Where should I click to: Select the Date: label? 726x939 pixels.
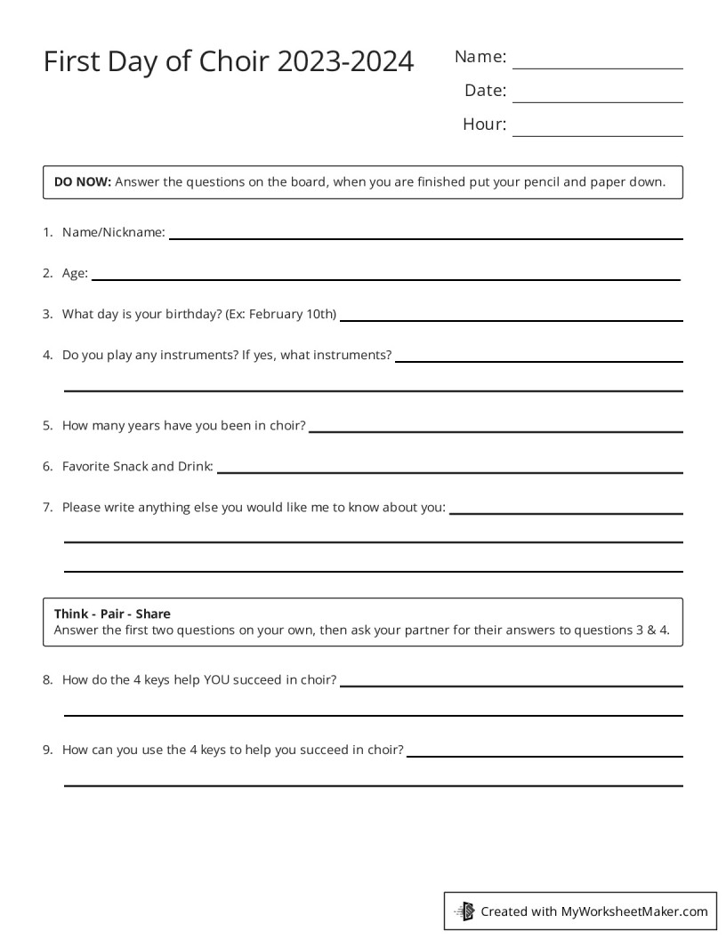tap(485, 91)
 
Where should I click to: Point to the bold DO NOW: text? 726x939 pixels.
tap(83, 182)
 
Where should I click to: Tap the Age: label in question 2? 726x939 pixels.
tap(75, 274)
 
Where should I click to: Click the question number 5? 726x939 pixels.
tap(47, 426)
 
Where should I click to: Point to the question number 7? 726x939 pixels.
tap(47, 508)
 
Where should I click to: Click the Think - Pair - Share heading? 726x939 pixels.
tap(112, 614)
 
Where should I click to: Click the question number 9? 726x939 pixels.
tap(47, 750)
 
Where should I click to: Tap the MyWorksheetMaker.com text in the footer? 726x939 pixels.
tap(634, 911)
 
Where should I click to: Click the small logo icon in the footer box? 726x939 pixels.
tap(465, 911)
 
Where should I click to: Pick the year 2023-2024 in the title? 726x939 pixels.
tap(345, 62)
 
